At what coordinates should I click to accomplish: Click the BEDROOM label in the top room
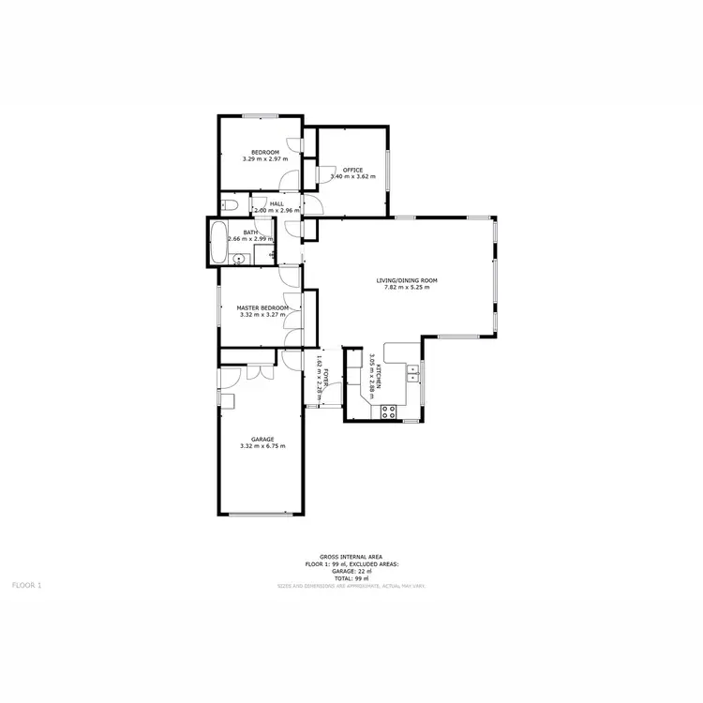[x=264, y=152]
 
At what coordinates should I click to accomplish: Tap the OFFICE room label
[x=352, y=170]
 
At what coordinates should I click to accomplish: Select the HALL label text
[x=277, y=203]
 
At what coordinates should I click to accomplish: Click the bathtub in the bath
[x=217, y=244]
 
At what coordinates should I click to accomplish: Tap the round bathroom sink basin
[x=239, y=261]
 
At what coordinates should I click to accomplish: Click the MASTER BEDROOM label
[x=262, y=307]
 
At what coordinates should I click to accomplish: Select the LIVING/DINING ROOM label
[x=407, y=280]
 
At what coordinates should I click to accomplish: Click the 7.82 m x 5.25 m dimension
[x=407, y=287]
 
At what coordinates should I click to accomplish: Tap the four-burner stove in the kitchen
[x=388, y=411]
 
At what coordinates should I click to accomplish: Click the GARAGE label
[x=262, y=439]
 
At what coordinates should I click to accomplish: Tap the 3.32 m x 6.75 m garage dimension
[x=262, y=446]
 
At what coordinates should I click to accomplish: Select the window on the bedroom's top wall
[x=261, y=116]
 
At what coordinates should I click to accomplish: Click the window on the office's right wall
[x=388, y=170]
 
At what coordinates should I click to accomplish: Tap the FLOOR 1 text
[x=26, y=585]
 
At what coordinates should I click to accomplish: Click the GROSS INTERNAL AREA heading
[x=351, y=557]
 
